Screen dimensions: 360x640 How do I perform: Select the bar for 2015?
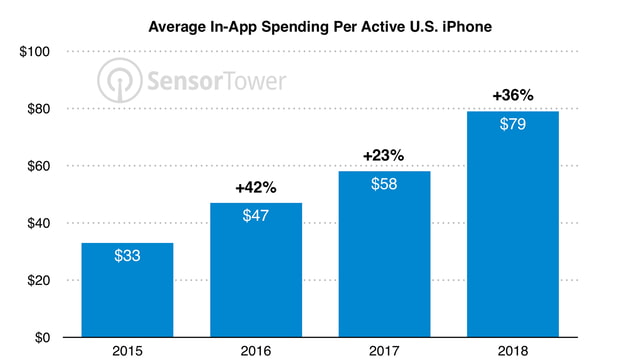(x=127, y=290)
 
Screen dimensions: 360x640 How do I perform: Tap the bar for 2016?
(x=256, y=270)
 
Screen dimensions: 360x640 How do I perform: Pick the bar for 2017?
(x=385, y=254)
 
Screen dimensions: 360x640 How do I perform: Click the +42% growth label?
(x=256, y=187)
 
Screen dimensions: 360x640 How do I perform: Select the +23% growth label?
(x=385, y=155)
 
